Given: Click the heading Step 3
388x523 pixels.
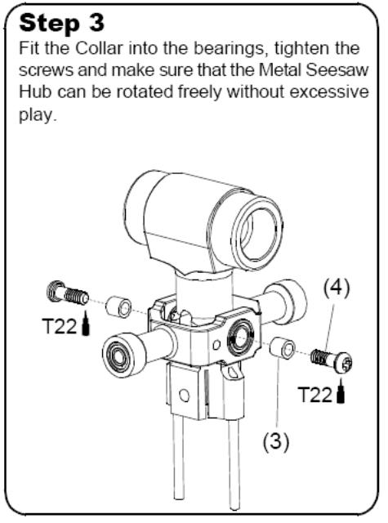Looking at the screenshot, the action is click(x=61, y=24).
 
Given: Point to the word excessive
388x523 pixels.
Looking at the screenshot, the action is click(x=329, y=92).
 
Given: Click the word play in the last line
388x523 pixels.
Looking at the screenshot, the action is click(x=36, y=115).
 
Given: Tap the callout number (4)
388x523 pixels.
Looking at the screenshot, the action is click(x=337, y=288).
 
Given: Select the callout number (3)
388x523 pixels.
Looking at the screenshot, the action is click(x=276, y=441).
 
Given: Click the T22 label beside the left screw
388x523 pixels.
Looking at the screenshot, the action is click(x=60, y=326).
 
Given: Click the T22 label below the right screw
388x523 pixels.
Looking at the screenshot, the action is click(x=315, y=395).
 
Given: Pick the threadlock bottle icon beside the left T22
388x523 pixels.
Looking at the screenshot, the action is click(x=86, y=323).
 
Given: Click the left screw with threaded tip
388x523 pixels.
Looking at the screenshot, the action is click(x=68, y=293).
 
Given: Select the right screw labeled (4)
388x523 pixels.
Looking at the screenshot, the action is click(x=332, y=360).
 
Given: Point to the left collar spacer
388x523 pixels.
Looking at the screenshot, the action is click(x=118, y=307).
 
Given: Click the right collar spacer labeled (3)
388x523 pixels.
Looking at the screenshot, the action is click(x=283, y=348).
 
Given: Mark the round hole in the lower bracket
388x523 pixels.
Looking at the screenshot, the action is click(x=184, y=396).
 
